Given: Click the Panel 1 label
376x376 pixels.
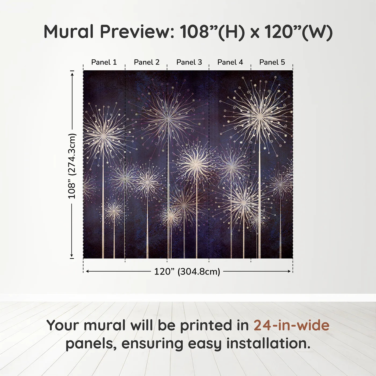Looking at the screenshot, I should (104, 62).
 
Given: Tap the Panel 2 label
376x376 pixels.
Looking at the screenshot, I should (147, 62).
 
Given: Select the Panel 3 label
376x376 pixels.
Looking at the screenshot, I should (189, 62).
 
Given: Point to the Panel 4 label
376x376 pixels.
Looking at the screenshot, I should (230, 62).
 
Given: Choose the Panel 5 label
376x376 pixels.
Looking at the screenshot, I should (272, 62).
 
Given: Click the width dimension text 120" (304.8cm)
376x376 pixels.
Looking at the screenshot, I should (187, 272).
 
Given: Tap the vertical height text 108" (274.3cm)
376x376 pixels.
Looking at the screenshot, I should (72, 166).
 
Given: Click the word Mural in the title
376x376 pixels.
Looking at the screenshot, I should (68, 32).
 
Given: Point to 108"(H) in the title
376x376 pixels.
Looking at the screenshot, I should (212, 32).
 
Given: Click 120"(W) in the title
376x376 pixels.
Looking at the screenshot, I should (298, 32).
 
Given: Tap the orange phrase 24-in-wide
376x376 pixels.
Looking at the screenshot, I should (291, 325).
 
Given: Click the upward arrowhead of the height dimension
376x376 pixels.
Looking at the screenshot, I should (72, 73).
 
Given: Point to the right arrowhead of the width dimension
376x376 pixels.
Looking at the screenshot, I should (290, 272).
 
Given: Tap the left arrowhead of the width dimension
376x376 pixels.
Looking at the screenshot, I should (86, 272).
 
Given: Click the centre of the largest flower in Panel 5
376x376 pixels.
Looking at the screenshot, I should (260, 116).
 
